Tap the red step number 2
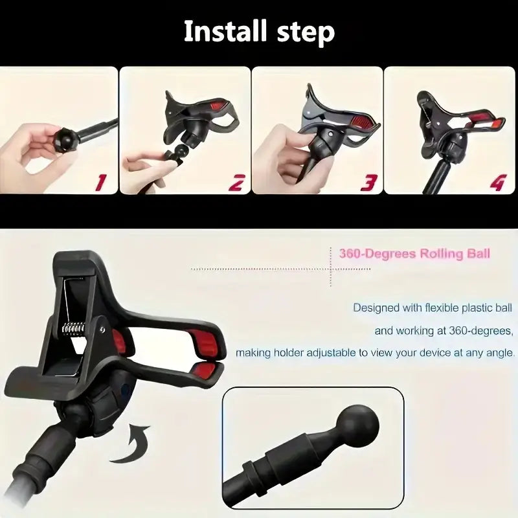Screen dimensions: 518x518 pyautogui.click(x=236, y=183)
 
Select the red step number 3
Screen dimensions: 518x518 pyautogui.click(x=368, y=183)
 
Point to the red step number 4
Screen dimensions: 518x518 pyautogui.click(x=497, y=183)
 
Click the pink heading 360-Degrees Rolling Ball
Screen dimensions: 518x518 pyautogui.click(x=414, y=253)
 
